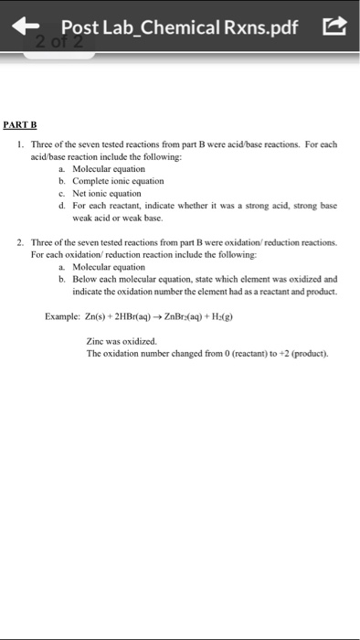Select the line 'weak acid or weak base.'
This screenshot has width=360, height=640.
[x=111, y=218]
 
